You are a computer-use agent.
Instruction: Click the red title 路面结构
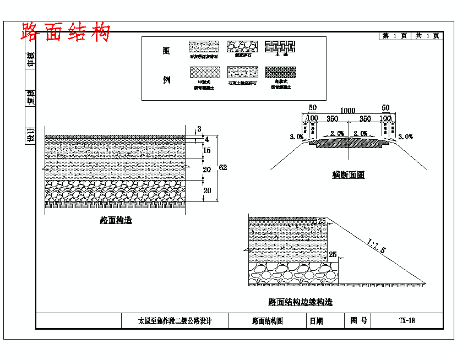(x=66, y=32)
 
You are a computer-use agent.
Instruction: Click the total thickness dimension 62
(x=222, y=167)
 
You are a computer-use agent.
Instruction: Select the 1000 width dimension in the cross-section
(x=347, y=110)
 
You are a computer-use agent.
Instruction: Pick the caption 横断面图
(x=348, y=175)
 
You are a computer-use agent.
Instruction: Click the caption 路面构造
(x=116, y=220)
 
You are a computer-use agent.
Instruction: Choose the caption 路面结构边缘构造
(x=300, y=302)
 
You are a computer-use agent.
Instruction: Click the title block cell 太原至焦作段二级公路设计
(x=175, y=321)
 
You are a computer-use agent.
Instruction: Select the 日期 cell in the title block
(x=317, y=321)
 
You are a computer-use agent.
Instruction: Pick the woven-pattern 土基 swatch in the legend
(x=280, y=46)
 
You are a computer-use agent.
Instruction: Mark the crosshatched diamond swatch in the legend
(x=204, y=73)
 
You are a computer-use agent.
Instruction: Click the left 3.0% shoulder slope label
(x=296, y=137)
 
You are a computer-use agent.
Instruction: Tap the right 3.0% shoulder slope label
(x=405, y=137)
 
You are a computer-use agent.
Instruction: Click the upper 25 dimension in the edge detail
(x=322, y=221)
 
